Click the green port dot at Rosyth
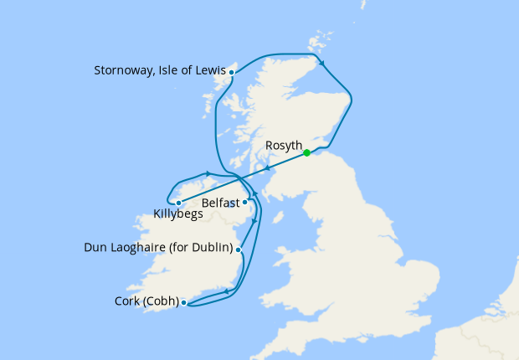(307, 152)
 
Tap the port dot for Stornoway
(231, 73)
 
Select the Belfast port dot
(245, 202)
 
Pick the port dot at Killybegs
(178, 203)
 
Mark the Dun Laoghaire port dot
(239, 249)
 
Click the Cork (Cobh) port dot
(183, 302)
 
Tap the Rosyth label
(283, 146)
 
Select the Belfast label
(220, 203)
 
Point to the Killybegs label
(180, 214)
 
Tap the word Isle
(172, 72)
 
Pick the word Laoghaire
(143, 248)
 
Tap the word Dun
(97, 248)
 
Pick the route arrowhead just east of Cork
(225, 292)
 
